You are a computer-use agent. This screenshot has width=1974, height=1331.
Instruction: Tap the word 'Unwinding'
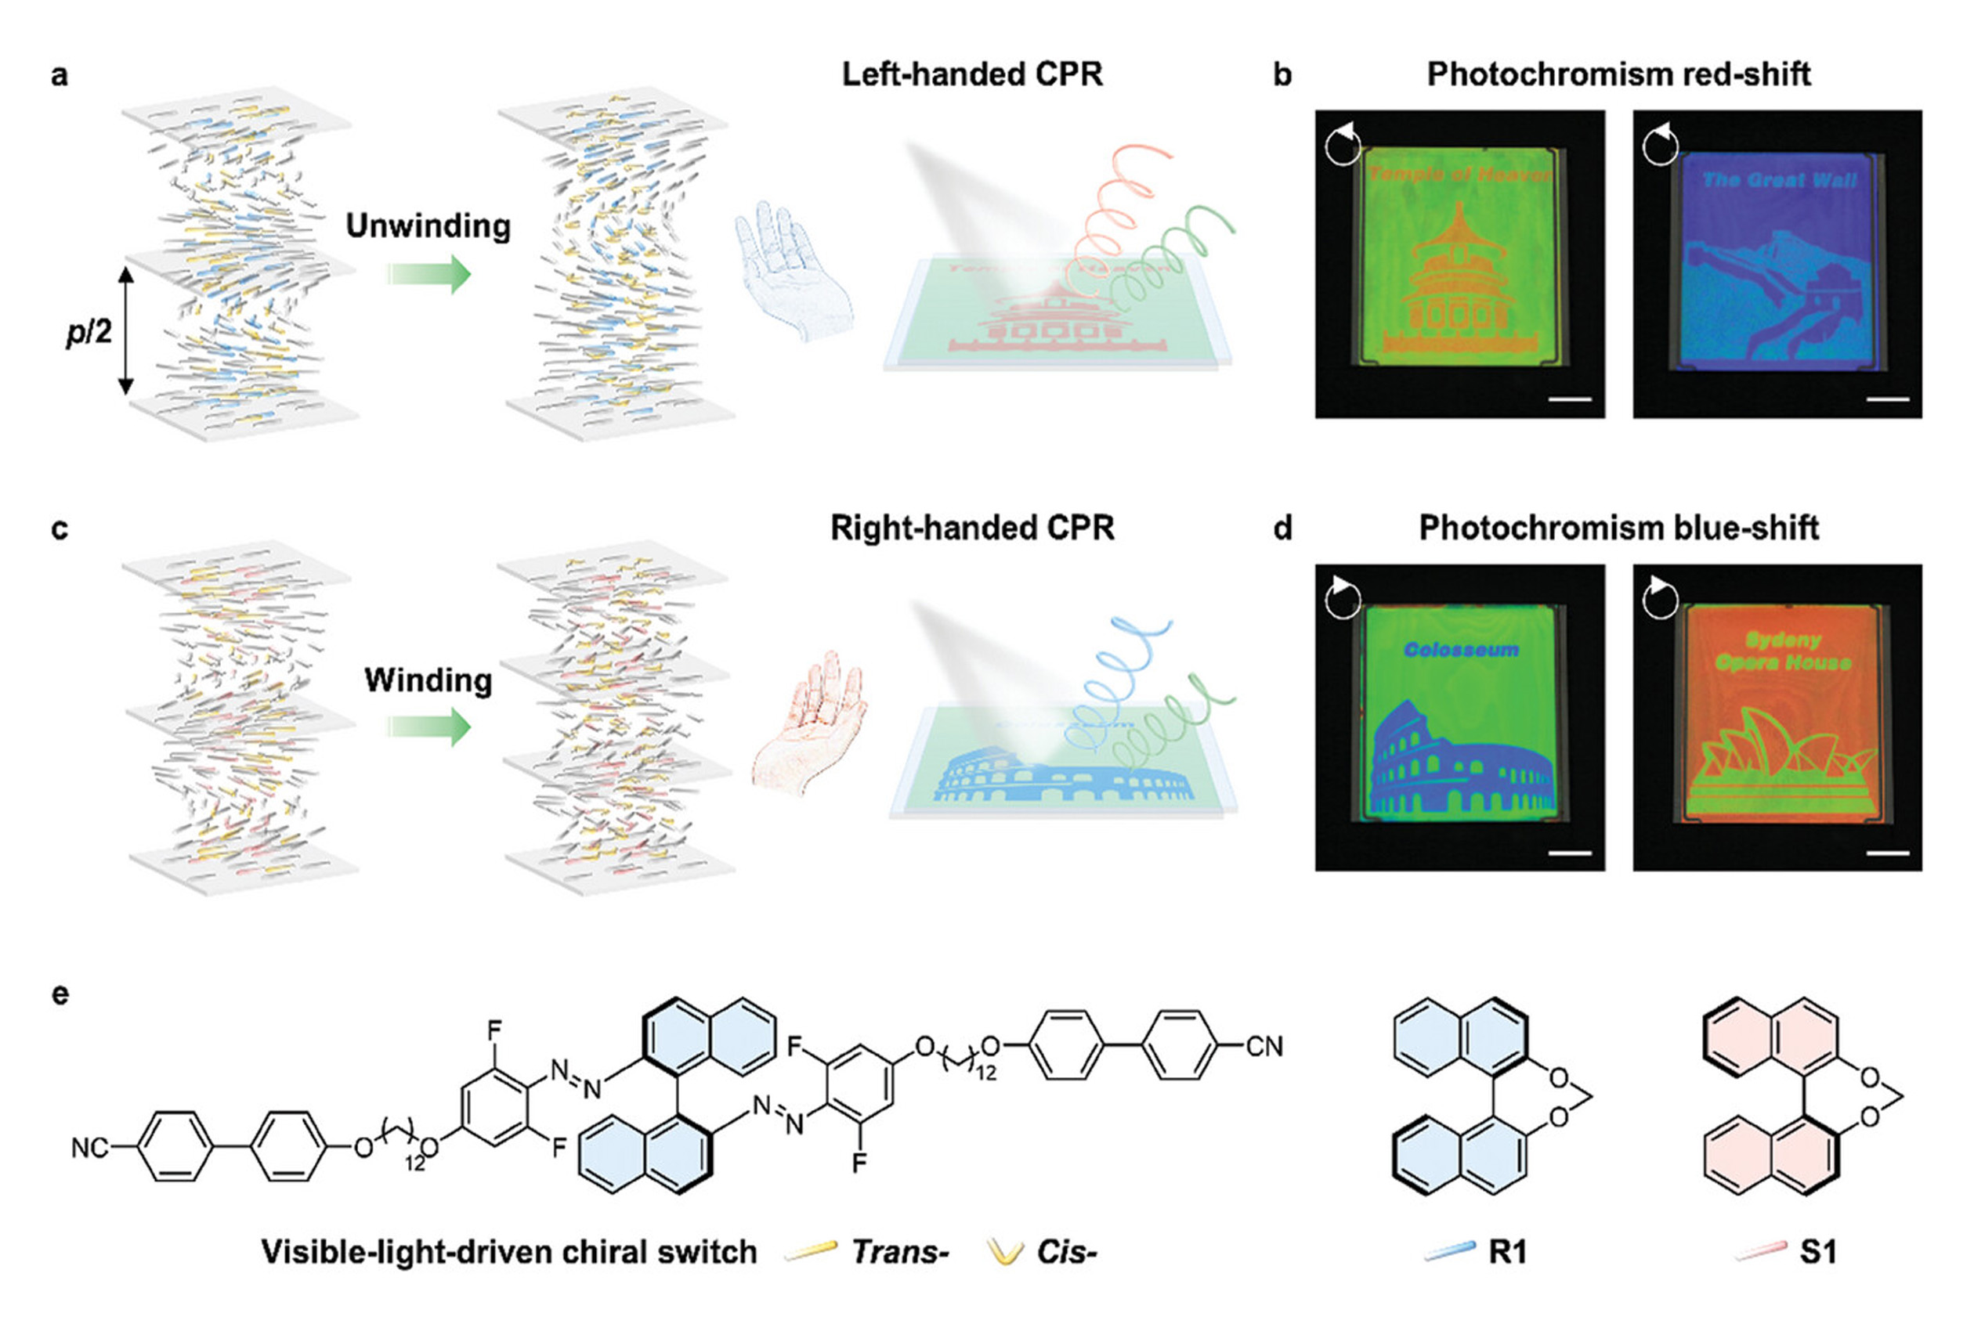click(428, 225)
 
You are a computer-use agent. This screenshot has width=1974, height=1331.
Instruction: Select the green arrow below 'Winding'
click(428, 727)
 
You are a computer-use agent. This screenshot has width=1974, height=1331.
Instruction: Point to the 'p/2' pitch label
click(89, 331)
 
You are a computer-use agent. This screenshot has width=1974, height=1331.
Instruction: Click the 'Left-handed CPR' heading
click(971, 74)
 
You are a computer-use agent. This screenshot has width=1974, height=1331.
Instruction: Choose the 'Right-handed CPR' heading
click(971, 528)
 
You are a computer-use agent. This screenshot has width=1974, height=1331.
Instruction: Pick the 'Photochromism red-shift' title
click(1618, 74)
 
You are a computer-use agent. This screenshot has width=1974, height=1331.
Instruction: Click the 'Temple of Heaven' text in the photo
click(1459, 174)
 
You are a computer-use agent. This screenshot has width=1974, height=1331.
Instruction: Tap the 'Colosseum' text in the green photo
click(1460, 650)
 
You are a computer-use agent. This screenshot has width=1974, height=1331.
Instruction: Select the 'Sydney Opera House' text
click(1782, 651)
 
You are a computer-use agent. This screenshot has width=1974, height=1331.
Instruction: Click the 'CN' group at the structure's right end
click(1264, 1047)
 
